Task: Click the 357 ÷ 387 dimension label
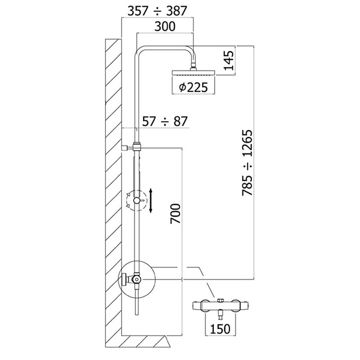click(x=157, y=11)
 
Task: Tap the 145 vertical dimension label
click(x=229, y=60)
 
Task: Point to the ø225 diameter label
click(x=193, y=87)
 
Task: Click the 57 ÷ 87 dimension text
click(x=165, y=121)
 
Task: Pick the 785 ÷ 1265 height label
click(x=247, y=163)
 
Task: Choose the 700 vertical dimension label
click(x=176, y=214)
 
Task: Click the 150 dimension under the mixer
click(x=220, y=329)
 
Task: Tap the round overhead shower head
click(x=194, y=72)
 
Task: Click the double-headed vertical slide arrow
click(x=151, y=200)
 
